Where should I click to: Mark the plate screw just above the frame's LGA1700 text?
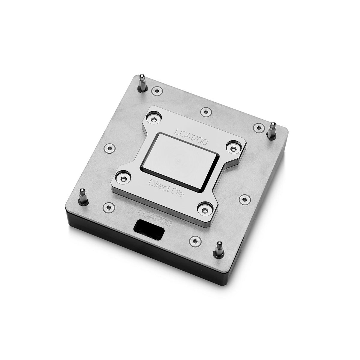click(205, 111)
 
